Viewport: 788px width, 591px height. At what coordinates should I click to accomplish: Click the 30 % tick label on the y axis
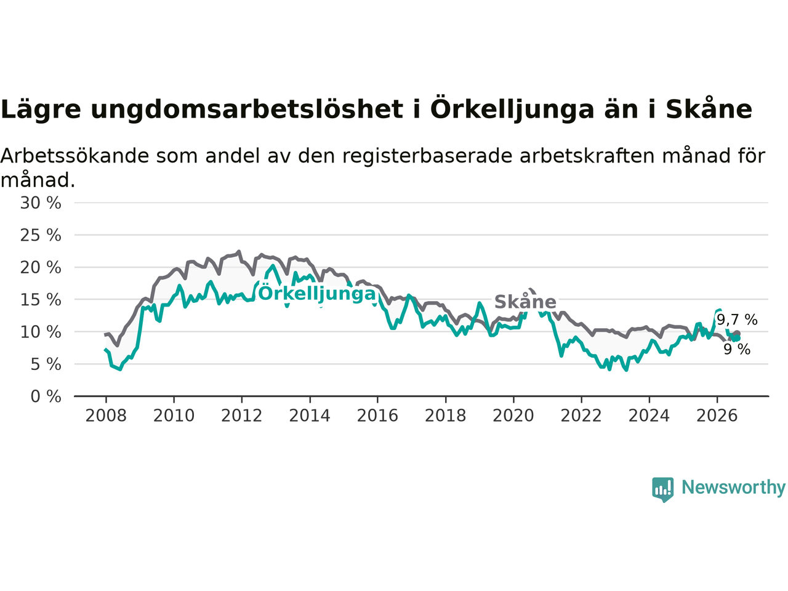[x=41, y=203]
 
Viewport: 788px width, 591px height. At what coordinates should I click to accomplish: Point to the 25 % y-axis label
[x=41, y=235]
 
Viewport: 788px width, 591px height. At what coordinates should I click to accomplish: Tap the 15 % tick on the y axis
[x=41, y=300]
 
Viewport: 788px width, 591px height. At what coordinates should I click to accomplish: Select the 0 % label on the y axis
[x=46, y=396]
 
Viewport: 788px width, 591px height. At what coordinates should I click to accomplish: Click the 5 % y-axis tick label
[x=46, y=364]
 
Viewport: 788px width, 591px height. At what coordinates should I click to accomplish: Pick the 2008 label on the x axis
[x=106, y=416]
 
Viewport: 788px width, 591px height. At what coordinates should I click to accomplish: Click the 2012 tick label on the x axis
[x=241, y=416]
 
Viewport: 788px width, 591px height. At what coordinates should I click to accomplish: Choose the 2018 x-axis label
[x=446, y=416]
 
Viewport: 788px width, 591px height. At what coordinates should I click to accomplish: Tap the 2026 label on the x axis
[x=717, y=416]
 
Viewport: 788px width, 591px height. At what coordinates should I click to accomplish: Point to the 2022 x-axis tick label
[x=581, y=416]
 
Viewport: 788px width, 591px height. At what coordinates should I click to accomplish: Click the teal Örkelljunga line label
[x=317, y=294]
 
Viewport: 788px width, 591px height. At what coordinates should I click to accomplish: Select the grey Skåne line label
[x=525, y=302]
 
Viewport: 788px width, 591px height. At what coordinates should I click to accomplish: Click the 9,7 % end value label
[x=737, y=320]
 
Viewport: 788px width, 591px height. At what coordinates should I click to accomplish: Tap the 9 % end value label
[x=737, y=349]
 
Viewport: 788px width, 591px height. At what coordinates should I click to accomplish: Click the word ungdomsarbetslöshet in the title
[x=247, y=110]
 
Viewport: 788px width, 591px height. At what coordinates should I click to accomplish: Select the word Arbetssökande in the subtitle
[x=74, y=156]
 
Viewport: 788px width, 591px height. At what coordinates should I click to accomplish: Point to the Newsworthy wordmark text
[x=733, y=488]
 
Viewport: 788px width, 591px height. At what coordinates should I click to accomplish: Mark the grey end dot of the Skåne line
[x=738, y=334]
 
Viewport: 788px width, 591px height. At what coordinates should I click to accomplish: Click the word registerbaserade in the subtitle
[x=427, y=156]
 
